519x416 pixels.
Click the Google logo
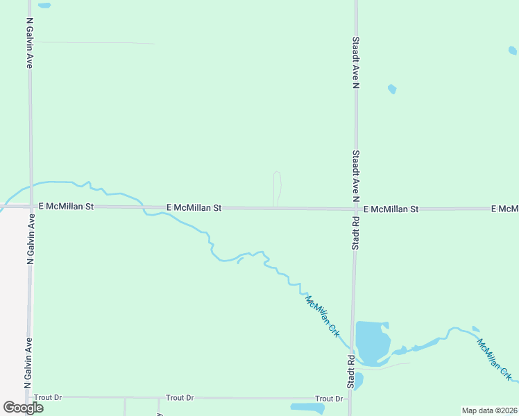point(23,408)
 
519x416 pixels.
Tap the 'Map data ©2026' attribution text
point(489,410)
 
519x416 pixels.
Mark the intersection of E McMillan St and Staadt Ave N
point(356,208)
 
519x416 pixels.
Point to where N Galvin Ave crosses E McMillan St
point(31,207)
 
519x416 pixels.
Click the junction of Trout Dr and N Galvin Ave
point(28,397)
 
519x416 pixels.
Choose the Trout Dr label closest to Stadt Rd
point(329,399)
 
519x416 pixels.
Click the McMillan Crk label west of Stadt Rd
point(323,316)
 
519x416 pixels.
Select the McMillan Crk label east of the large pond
point(495,360)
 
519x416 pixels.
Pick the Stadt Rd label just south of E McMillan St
point(355,232)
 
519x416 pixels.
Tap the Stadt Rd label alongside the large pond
point(352,372)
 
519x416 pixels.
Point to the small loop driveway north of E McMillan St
point(277,187)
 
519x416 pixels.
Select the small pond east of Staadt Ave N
point(392,89)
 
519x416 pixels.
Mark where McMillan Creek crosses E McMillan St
point(143,207)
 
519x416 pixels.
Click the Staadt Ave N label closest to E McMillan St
point(355,175)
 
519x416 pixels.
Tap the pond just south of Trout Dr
point(307,408)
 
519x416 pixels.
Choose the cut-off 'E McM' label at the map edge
point(504,209)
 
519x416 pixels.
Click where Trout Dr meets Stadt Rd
point(351,399)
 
